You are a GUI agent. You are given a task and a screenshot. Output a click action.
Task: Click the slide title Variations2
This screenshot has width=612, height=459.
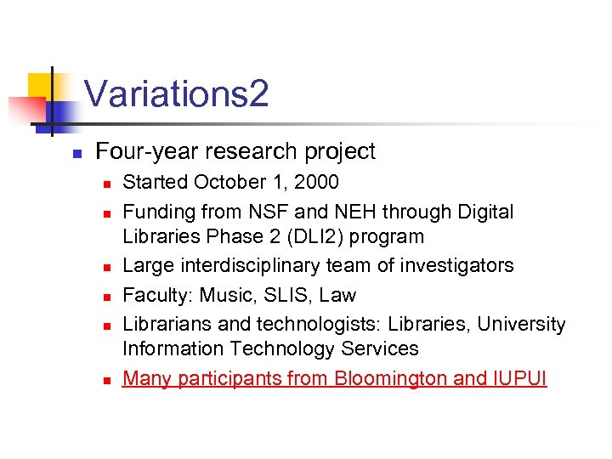tap(177, 93)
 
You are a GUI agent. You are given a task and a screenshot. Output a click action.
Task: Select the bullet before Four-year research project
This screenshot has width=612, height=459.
tap(76, 154)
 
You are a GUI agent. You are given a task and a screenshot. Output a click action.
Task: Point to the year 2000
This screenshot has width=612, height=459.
tap(316, 182)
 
